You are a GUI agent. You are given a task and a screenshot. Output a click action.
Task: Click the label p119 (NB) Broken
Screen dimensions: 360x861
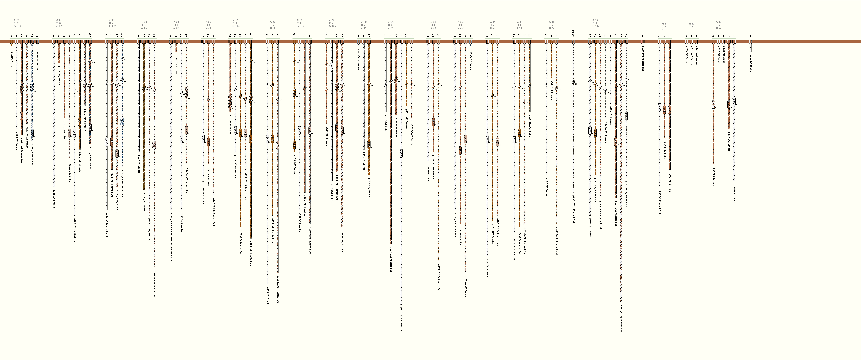click(11, 58)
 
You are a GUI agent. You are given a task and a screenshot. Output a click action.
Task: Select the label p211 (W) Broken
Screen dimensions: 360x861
click(751, 63)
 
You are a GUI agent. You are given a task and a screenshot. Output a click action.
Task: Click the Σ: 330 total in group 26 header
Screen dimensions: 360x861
click(236, 26)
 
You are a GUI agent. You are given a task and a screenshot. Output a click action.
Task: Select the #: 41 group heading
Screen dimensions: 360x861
click(692, 24)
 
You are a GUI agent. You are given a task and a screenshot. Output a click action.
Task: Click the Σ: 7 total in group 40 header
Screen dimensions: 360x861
click(664, 29)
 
